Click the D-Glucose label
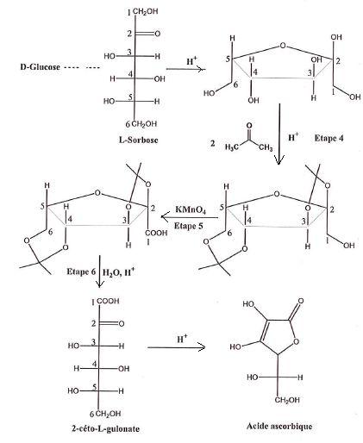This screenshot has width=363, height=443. pyautogui.click(x=40, y=67)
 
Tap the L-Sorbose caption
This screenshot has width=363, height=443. pyautogui.click(x=139, y=140)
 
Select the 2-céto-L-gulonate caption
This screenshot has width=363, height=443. pyautogui.click(x=105, y=429)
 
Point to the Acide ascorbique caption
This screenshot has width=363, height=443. pyautogui.click(x=279, y=426)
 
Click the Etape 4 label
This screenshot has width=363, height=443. pyautogui.click(x=329, y=138)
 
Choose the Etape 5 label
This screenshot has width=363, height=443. pyautogui.click(x=189, y=226)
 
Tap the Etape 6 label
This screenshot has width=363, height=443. pyautogui.click(x=81, y=271)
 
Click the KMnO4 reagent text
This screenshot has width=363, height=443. pyautogui.click(x=191, y=209)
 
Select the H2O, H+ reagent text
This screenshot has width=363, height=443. pyautogui.click(x=118, y=271)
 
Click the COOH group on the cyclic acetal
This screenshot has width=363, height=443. pyautogui.click(x=157, y=233)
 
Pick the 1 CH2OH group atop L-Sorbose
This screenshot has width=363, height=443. pyautogui.click(x=143, y=12)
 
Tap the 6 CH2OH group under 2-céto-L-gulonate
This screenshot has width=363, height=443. pyautogui.click(x=105, y=414)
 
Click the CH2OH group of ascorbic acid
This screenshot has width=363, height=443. pyautogui.click(x=287, y=400)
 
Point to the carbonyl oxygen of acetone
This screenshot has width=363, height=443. pyautogui.click(x=249, y=126)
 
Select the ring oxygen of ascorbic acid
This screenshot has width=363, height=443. pyautogui.click(x=297, y=342)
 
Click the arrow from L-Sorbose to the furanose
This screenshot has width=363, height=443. pyautogui.click(x=185, y=69)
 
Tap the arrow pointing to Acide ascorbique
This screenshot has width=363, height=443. pyautogui.click(x=177, y=347)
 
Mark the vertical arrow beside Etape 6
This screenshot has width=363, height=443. pyautogui.click(x=99, y=271)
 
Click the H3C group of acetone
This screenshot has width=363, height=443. pyautogui.click(x=232, y=147)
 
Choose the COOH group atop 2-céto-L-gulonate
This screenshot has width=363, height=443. pyautogui.click(x=108, y=302)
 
